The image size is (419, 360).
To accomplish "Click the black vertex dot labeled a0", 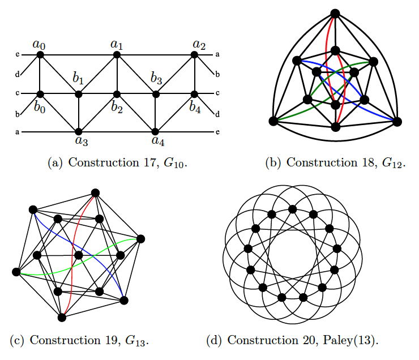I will pyautogui.click(x=40, y=54).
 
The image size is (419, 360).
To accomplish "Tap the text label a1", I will pyautogui.click(x=117, y=44).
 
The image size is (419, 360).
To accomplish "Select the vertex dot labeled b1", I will pyautogui.click(x=79, y=94).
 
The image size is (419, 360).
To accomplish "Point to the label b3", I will pyautogui.click(x=157, y=78).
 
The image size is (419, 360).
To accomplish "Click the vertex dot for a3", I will pyautogui.click(x=79, y=131).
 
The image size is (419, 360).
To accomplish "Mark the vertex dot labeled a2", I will pyautogui.click(x=195, y=54).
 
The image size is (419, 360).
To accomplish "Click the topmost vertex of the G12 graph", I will pyautogui.click(x=335, y=13).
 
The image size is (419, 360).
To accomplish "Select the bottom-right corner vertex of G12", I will pyautogui.click(x=396, y=121).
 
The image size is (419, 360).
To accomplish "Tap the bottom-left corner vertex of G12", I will pyautogui.click(x=273, y=121).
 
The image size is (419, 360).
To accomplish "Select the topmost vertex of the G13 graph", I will pyautogui.click(x=96, y=193).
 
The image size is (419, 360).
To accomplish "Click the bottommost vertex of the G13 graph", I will pyautogui.click(x=62, y=317).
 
